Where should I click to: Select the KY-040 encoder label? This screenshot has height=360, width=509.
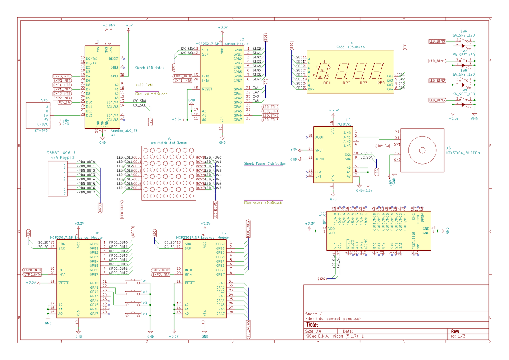click(41, 131)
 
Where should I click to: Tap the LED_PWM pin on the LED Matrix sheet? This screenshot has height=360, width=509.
click(145, 85)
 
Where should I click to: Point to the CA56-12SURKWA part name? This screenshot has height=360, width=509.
click(350, 47)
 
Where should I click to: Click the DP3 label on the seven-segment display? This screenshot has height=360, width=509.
click(363, 83)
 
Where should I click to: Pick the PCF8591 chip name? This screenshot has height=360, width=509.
click(344, 124)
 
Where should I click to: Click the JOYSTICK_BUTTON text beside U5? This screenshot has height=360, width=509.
click(463, 153)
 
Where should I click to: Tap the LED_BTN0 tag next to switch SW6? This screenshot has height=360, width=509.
click(437, 41)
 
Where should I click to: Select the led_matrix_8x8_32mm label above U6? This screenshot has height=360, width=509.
click(168, 143)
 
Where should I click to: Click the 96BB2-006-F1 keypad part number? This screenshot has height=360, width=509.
click(62, 153)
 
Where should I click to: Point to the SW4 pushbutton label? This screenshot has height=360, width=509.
click(144, 314)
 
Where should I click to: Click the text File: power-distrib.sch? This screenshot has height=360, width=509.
click(263, 203)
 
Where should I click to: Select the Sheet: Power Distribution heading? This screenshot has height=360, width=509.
click(265, 164)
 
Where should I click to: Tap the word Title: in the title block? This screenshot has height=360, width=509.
click(312, 325)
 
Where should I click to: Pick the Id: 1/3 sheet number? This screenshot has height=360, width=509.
click(458, 336)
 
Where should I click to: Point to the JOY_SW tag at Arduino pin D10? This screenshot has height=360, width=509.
click(64, 103)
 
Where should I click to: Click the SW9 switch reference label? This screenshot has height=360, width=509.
click(464, 90)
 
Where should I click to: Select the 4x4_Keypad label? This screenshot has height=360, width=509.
click(62, 157)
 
